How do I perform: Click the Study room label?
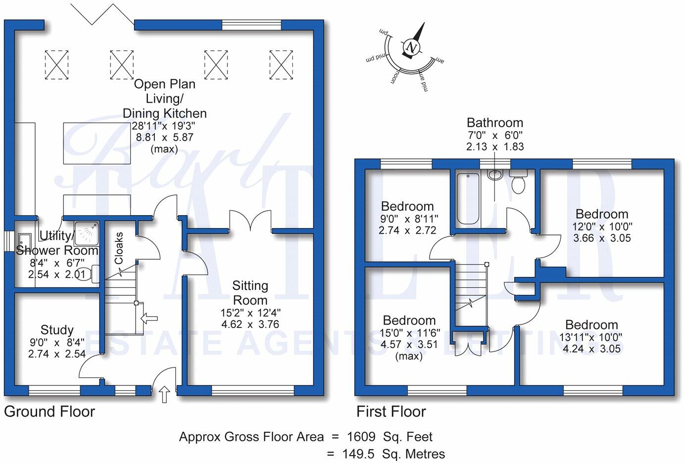57,330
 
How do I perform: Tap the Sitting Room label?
250,293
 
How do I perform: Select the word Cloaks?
119,248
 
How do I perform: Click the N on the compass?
412,47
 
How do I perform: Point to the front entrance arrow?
164,394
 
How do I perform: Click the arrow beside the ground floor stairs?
149,319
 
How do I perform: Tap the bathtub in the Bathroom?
468,199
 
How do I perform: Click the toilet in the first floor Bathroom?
518,181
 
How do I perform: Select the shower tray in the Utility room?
87,233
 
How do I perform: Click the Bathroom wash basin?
494,175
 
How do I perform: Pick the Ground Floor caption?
49,412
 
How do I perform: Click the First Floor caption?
391,412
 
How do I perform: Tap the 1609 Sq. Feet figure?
390,437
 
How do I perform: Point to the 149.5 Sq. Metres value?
393,454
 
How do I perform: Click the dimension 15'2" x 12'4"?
250,313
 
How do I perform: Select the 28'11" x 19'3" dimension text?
163,126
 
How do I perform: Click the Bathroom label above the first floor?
495,123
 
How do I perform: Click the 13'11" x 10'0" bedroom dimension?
591,337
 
